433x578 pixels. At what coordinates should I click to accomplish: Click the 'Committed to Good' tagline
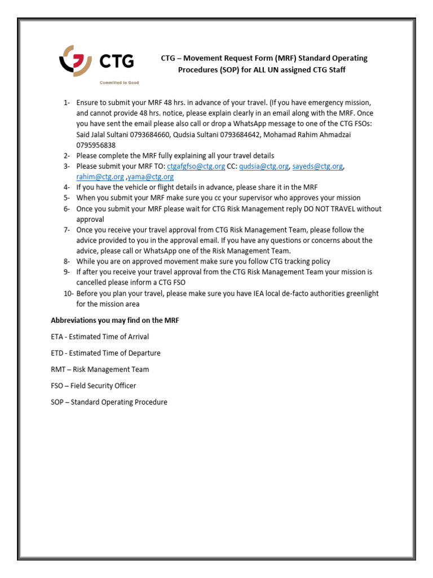point(120,82)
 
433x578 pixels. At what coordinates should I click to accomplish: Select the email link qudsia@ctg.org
point(264,166)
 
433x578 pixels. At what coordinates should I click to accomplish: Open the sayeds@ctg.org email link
point(317,166)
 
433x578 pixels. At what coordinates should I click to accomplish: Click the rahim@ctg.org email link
point(100,177)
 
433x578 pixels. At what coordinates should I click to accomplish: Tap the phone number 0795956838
point(96,145)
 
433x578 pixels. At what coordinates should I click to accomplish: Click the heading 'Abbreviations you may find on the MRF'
point(115,321)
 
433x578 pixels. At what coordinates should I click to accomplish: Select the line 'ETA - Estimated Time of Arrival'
point(100,336)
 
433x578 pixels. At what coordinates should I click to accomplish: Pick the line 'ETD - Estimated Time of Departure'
point(105,353)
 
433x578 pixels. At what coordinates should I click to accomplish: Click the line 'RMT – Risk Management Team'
point(100,369)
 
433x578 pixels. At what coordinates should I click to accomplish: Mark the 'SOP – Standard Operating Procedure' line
point(109,402)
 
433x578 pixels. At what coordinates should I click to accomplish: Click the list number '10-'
point(68,293)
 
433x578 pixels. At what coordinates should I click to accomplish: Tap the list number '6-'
point(67,208)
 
